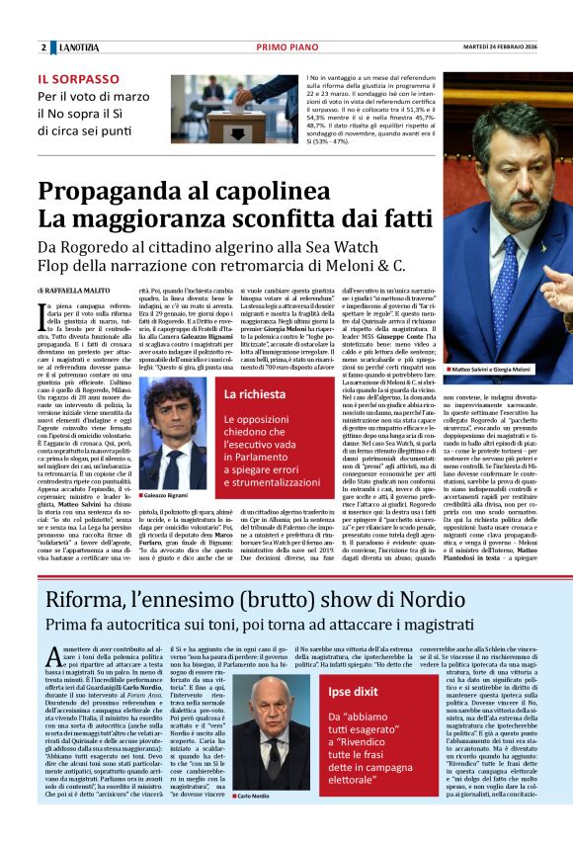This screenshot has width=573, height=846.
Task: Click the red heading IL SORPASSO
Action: pos(77,79)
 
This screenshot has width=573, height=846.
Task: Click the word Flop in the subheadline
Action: pos(59,266)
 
